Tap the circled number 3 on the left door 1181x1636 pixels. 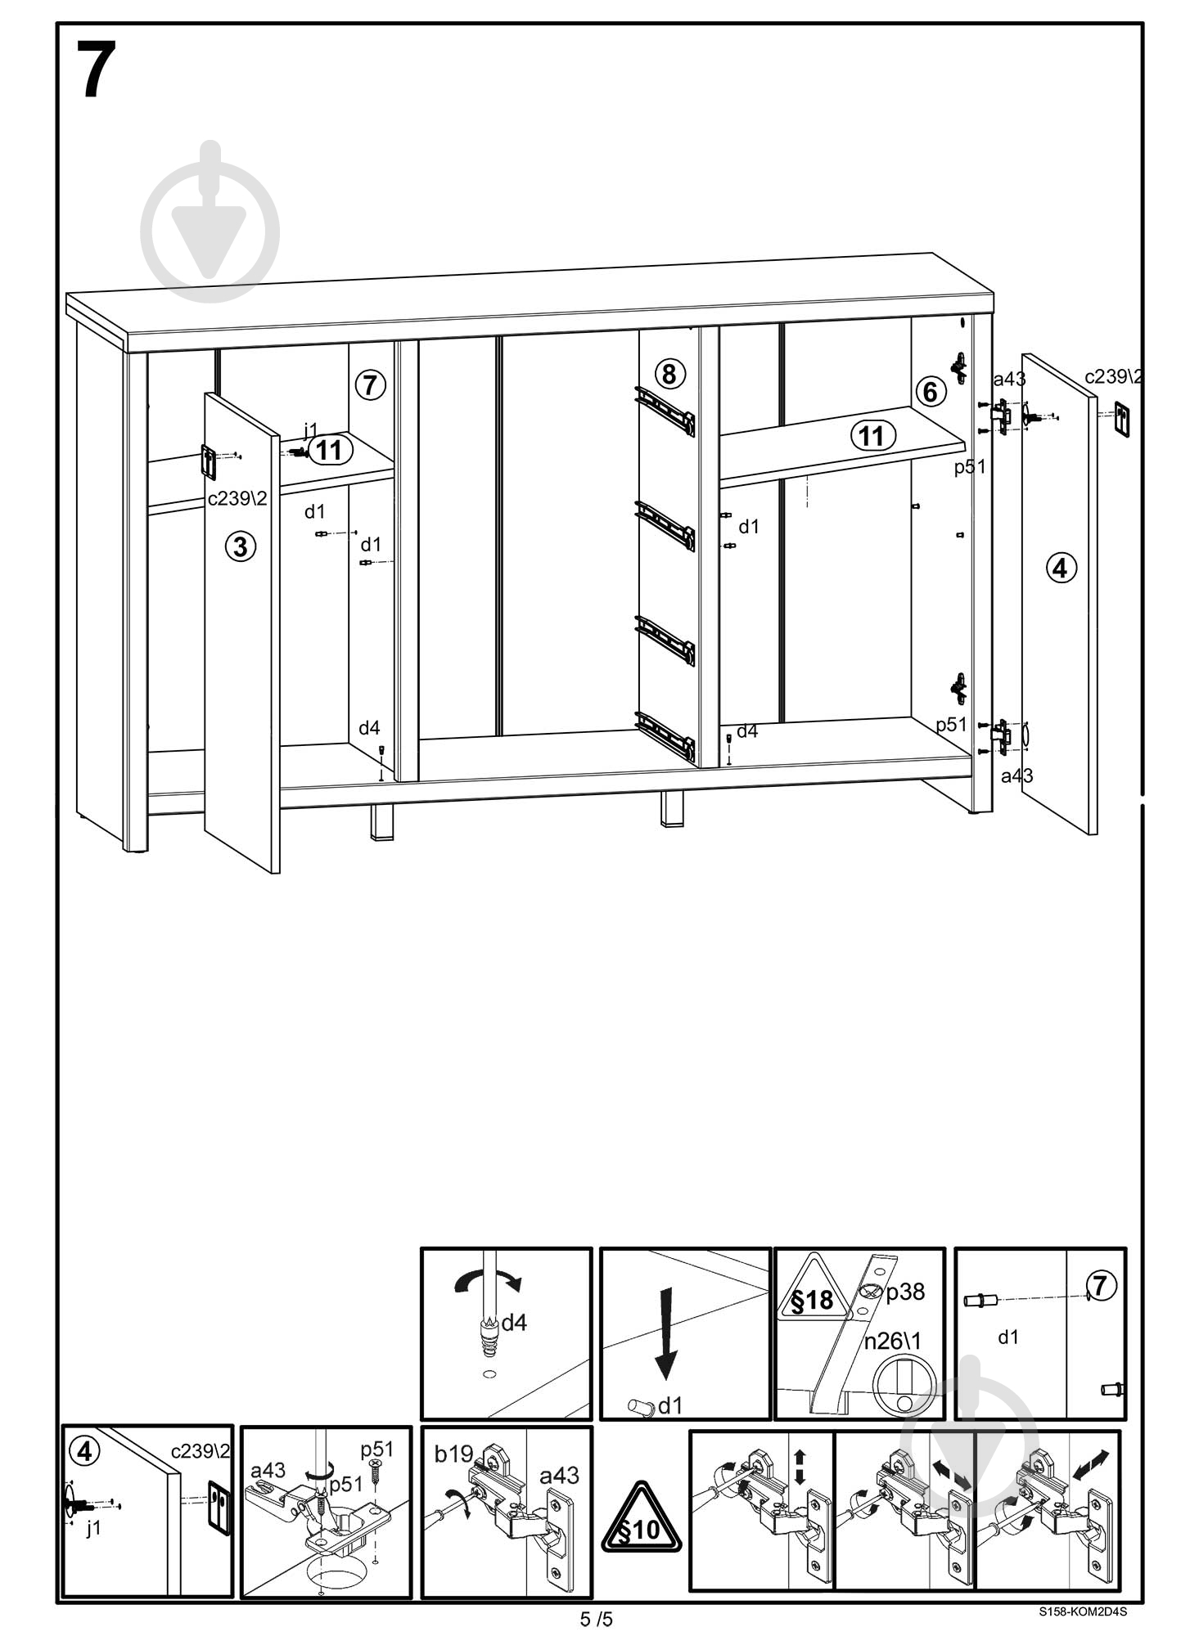[x=241, y=546]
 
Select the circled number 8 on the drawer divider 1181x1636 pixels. [x=669, y=375]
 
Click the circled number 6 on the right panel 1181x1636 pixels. [x=930, y=392]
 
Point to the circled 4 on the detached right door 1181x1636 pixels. [x=1062, y=567]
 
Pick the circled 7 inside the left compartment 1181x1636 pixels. [x=371, y=384]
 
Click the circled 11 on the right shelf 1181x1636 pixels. [x=872, y=435]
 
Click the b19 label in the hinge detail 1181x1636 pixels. [x=453, y=1454]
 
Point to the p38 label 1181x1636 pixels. [x=905, y=1292]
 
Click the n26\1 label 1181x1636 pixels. [x=892, y=1341]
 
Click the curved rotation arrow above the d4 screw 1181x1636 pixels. [x=489, y=1281]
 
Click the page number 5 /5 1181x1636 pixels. [x=596, y=1619]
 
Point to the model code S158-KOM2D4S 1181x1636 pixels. [x=1083, y=1611]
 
